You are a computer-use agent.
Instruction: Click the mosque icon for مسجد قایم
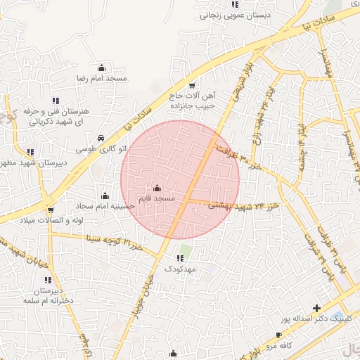pos(156,188)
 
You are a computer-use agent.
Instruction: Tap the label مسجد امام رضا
pos(103,78)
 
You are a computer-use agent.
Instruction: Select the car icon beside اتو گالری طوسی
pos(103,138)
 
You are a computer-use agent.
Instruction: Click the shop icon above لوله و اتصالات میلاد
pos(51,210)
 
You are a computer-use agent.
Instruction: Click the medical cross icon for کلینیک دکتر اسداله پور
pos(317,308)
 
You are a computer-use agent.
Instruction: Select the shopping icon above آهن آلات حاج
pos(192,85)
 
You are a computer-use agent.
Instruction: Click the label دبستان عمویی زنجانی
pos(224,14)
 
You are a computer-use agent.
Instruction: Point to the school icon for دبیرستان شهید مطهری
pos(30,152)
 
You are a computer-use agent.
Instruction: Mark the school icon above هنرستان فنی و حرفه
pos(56,101)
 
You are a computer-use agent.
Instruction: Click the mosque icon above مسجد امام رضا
pos(103,68)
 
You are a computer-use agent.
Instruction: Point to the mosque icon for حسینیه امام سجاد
pos(105,195)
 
